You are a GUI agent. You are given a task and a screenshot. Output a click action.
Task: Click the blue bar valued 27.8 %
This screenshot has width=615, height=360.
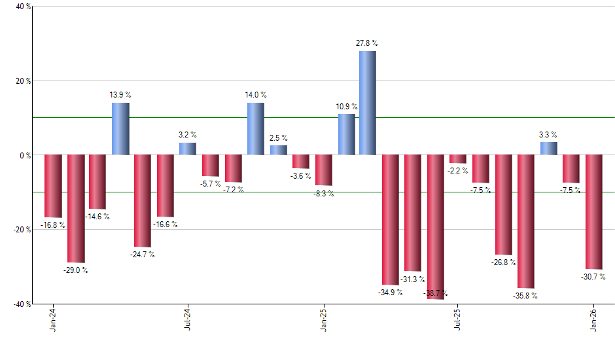point(368,103)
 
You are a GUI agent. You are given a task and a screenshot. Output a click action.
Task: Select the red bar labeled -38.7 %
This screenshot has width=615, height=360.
point(436,226)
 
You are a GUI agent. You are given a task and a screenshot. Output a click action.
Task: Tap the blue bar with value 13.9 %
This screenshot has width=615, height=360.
point(120,129)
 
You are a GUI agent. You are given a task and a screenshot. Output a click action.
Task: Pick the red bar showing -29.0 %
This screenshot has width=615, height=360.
point(76,208)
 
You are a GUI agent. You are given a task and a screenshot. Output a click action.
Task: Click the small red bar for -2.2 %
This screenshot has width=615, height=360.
point(458,159)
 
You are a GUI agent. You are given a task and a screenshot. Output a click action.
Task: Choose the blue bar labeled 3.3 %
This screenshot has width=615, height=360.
point(549,149)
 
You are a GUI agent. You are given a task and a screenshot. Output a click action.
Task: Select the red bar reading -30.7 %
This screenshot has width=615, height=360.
point(594,211)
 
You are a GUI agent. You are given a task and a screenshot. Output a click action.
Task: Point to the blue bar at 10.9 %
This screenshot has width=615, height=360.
point(347,135)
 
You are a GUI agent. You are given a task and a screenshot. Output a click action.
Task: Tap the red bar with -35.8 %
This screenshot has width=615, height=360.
point(526,221)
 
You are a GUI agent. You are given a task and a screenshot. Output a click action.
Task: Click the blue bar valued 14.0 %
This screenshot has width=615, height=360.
point(256,129)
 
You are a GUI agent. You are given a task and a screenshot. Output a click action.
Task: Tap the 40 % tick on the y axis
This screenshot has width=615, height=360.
point(24,7)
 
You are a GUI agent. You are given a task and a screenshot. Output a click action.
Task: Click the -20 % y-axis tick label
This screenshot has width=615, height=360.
point(22,230)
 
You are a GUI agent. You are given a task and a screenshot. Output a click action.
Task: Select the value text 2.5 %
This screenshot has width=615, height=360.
point(279,138)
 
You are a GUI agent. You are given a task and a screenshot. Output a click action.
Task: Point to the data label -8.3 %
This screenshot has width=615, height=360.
point(323,194)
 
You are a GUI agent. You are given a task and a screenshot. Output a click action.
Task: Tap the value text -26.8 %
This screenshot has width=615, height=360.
point(503,262)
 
